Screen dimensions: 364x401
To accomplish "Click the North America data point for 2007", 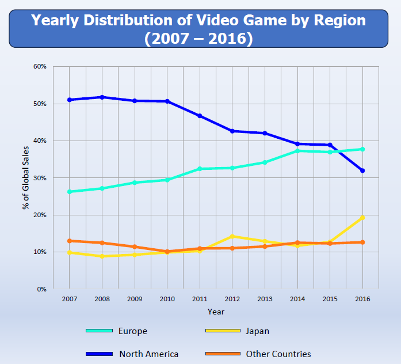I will point(70,100).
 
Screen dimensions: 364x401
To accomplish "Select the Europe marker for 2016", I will point(362,149).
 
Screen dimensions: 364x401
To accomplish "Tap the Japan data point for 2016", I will point(362,218).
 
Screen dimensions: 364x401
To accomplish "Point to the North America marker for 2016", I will point(362,170).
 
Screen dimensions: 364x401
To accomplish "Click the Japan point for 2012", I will point(232,236).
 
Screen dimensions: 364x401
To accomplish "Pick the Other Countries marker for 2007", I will point(70,241).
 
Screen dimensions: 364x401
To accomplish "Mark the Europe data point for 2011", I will point(200,169).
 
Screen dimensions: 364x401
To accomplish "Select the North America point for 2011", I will point(200,116).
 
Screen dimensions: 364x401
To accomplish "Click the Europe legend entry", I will point(133,331).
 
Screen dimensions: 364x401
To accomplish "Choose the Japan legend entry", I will point(257,331).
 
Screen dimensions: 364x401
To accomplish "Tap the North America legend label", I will point(149,354).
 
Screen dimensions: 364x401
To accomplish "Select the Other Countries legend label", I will point(278,354).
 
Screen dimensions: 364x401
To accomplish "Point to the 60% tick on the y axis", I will point(39,67).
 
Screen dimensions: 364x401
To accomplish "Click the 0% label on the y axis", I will point(41,289).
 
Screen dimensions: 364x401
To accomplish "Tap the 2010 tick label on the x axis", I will point(167,299).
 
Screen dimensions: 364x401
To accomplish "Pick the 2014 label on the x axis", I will point(297,299).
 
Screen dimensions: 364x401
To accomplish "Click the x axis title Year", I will point(216,312).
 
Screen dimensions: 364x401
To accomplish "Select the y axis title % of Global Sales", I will point(26,177).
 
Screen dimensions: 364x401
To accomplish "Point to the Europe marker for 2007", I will point(70,192).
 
